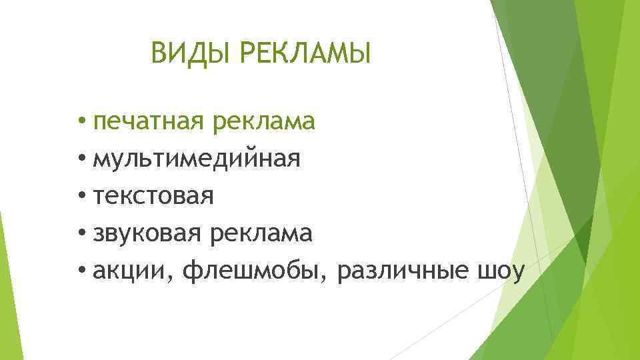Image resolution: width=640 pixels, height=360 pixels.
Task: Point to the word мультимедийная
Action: click(197, 159)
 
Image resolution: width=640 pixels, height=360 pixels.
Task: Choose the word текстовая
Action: click(153, 197)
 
